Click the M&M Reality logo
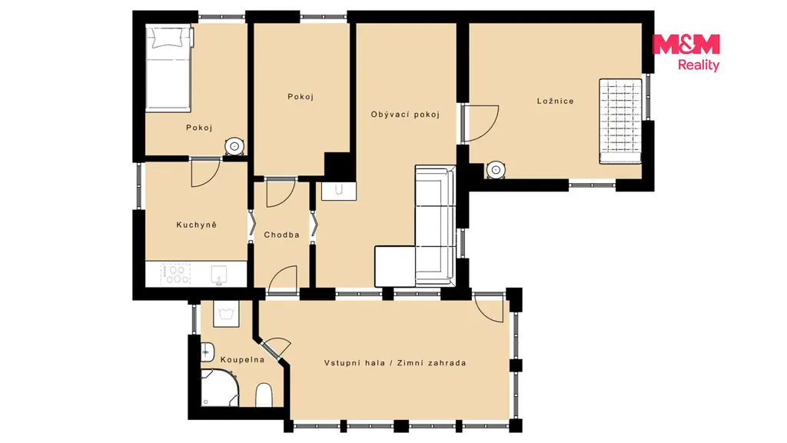tap(686, 52)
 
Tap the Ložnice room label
tap(555, 101)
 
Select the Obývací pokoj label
tap(405, 115)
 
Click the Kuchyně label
tap(196, 225)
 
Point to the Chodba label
tap(281, 235)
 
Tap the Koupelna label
tap(242, 360)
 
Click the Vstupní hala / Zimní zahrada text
tap(395, 363)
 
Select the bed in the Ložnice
tap(620, 121)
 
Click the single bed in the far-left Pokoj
tap(168, 68)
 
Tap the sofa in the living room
tap(435, 225)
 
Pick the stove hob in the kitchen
tap(175, 275)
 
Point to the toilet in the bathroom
tap(264, 395)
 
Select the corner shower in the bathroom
tap(219, 388)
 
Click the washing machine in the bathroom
tap(226, 314)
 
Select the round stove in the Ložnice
tap(496, 170)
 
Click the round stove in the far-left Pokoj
tap(234, 146)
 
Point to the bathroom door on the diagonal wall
tap(275, 347)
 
